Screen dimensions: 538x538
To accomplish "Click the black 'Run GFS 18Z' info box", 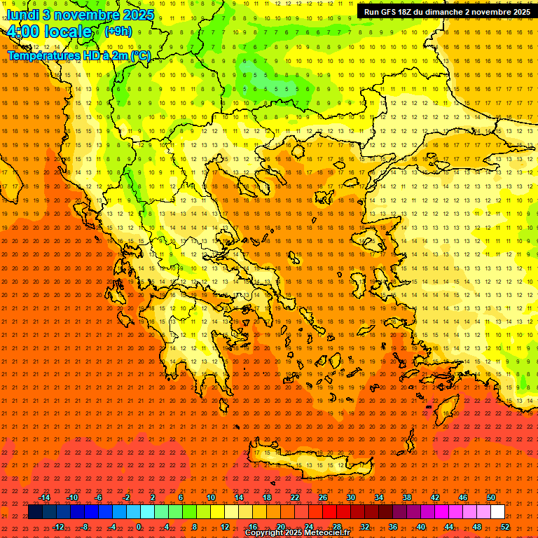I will click(447, 12).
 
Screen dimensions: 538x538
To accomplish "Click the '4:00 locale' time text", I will click(49, 32).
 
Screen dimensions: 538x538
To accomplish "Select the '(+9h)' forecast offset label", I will click(117, 31).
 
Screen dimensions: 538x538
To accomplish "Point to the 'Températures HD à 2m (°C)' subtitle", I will click(78, 55).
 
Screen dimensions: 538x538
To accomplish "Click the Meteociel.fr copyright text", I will click(297, 533).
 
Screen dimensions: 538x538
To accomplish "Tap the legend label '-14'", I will click(44, 497).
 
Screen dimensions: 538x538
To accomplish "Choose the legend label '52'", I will click(505, 527).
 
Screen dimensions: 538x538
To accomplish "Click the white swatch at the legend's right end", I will click(497, 512).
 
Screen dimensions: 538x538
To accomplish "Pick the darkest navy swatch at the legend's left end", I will click(35, 512).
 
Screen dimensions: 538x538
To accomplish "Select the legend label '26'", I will click(322, 497).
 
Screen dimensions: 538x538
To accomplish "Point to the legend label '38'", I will click(407, 497).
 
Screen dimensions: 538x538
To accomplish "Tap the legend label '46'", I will click(462, 497).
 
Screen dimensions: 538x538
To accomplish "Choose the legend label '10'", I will click(210, 497).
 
